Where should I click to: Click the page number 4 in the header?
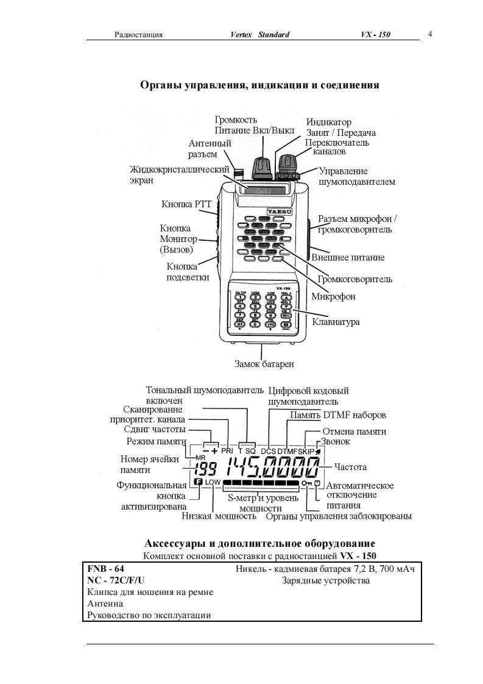point(430,34)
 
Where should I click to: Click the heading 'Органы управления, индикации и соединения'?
point(259,85)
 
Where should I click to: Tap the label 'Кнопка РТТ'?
point(186,204)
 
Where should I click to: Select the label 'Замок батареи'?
point(264,364)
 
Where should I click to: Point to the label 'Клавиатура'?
point(336,321)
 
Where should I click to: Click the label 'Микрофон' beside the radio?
point(333,296)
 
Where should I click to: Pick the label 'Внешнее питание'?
point(348,257)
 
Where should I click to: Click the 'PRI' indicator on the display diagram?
point(227,451)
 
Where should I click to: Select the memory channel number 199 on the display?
point(206,469)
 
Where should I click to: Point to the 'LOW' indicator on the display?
point(213,482)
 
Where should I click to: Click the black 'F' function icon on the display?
point(198,482)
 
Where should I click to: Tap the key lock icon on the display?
point(305,483)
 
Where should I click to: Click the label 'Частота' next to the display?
point(350,467)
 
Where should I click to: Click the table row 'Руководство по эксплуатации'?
point(149,615)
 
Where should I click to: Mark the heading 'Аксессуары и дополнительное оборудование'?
point(259,543)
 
